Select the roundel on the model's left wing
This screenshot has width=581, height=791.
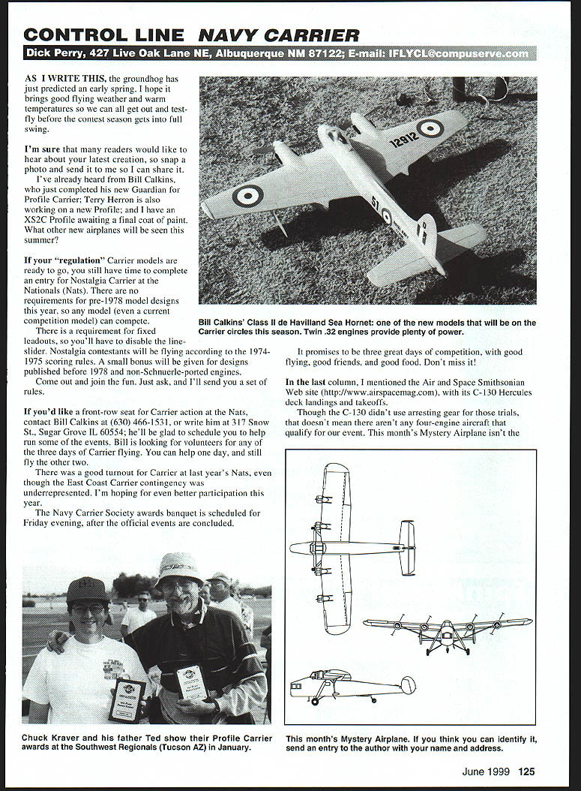point(247,196)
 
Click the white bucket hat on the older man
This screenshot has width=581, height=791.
point(179,568)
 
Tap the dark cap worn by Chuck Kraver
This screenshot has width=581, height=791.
point(87,591)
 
